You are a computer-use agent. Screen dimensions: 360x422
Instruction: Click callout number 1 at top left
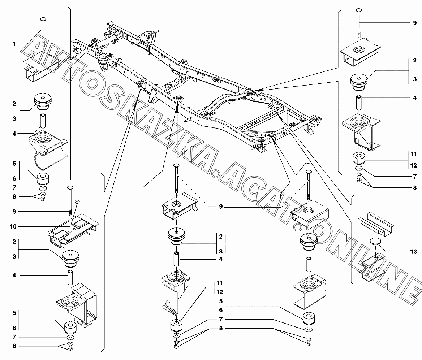pyautogui.click(x=14, y=44)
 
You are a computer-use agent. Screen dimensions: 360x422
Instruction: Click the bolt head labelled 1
pyautogui.click(x=43, y=19)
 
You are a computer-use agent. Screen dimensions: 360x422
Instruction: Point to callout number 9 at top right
pyautogui.click(x=414, y=22)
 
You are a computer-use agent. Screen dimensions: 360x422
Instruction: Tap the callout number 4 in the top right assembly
pyautogui.click(x=414, y=97)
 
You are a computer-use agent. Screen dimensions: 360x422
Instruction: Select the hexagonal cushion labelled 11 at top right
pyautogui.click(x=358, y=158)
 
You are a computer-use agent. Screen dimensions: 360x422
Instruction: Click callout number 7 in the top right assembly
pyautogui.click(x=414, y=177)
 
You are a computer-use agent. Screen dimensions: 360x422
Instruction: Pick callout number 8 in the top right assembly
pyautogui.click(x=414, y=188)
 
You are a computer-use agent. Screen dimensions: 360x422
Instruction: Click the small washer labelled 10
pyautogui.click(x=76, y=201)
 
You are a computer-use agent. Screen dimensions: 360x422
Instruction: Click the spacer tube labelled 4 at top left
pyautogui.click(x=43, y=121)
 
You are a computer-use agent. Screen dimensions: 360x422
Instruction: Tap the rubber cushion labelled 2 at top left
pyautogui.click(x=43, y=101)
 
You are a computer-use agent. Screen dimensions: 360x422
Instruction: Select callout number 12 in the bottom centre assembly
pyautogui.click(x=219, y=292)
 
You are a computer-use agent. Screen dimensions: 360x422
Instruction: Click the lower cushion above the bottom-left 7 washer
pyautogui.click(x=70, y=327)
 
